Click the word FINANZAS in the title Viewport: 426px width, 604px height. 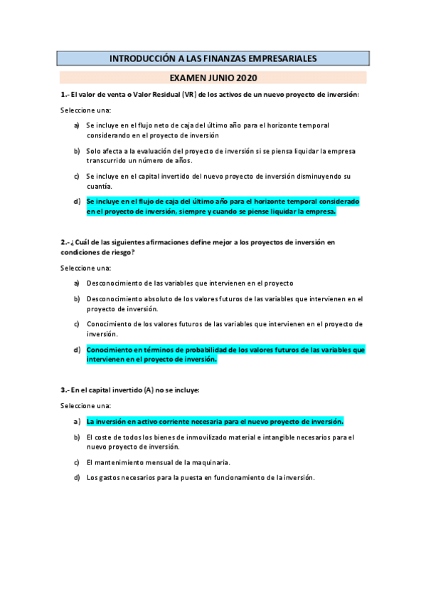(234, 58)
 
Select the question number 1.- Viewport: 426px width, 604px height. (65, 95)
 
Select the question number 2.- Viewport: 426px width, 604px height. (65, 242)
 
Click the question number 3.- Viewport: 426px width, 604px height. (65, 390)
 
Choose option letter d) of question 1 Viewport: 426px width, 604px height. (77, 202)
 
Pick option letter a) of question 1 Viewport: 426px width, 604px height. (77, 125)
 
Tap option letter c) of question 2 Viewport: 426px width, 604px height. (77, 323)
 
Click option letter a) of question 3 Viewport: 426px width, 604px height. (77, 420)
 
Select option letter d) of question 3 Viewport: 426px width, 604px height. (77, 477)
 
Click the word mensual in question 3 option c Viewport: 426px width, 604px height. (147, 462)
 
